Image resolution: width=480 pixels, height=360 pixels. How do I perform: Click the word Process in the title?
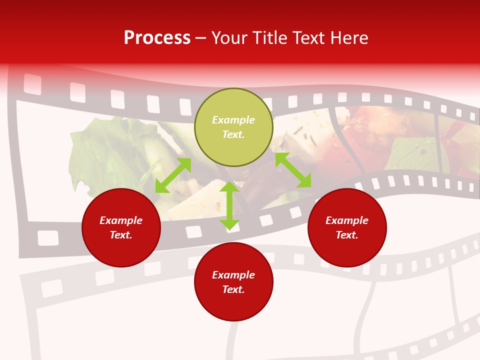coord(157,38)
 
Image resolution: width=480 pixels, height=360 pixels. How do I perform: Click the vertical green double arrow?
coord(229,205)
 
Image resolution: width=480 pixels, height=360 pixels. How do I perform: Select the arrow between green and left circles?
coord(173,175)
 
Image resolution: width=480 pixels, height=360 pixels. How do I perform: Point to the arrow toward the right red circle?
coord(293,170)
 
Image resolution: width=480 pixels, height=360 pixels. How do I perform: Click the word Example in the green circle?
coord(233,120)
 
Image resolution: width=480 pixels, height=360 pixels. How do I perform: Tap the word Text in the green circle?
coord(233,134)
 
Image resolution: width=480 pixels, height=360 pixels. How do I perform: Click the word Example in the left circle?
coord(121,220)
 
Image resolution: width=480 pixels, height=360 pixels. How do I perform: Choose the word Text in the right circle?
coord(347,235)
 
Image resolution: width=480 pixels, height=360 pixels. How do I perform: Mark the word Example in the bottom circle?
coord(233,275)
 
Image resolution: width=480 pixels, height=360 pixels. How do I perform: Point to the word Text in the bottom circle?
coord(233,289)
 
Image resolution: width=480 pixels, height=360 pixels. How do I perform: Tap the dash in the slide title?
coord(200,38)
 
